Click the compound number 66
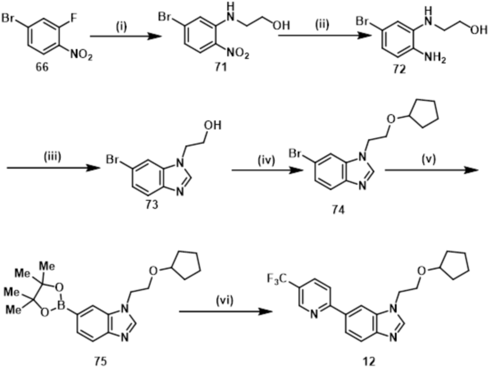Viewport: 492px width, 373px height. (x=42, y=67)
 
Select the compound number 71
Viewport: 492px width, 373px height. (x=221, y=67)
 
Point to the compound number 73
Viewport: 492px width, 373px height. (x=152, y=204)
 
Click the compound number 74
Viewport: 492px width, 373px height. (x=338, y=210)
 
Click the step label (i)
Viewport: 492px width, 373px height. (x=122, y=27)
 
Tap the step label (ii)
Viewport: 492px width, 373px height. (x=322, y=25)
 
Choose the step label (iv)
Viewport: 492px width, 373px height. (x=266, y=161)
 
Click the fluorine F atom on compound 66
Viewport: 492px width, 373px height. (x=74, y=18)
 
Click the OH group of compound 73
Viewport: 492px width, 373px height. (x=212, y=125)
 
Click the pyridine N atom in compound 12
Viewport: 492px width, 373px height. (x=314, y=315)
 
